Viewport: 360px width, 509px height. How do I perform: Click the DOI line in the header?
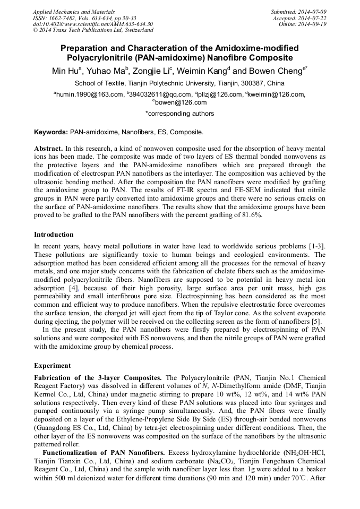93,24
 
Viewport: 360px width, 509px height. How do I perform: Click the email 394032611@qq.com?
158,94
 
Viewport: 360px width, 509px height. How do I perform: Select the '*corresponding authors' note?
179,114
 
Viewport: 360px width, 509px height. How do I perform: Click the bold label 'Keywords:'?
52,132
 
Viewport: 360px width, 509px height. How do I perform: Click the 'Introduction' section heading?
54,234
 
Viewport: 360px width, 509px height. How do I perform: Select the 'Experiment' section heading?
52,366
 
